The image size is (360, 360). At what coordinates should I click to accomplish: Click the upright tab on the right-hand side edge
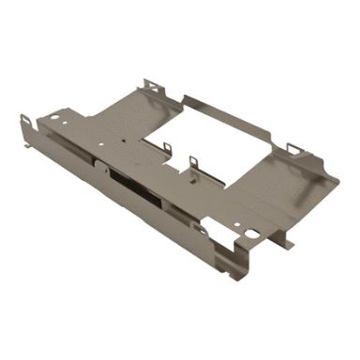click(295, 148)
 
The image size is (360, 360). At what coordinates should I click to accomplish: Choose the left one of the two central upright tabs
click(167, 147)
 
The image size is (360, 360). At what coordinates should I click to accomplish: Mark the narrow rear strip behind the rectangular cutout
click(230, 109)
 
